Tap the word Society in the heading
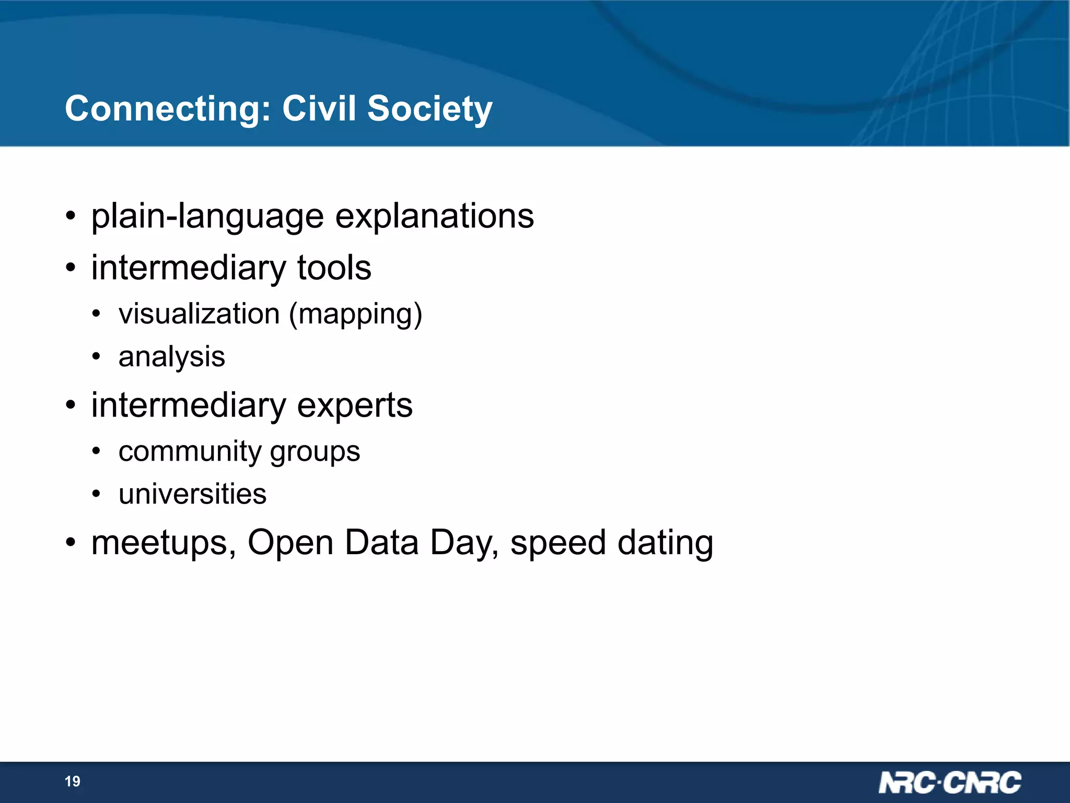click(x=429, y=109)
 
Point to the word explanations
click(x=434, y=216)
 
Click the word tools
click(x=334, y=268)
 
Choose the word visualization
click(x=199, y=314)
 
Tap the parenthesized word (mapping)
click(x=355, y=315)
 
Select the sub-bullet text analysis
click(x=171, y=358)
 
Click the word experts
click(x=355, y=406)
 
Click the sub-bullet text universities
click(x=192, y=494)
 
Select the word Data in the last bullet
click(x=382, y=542)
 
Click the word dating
click(x=665, y=543)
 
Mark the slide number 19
click(x=73, y=782)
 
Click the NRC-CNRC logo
click(x=949, y=783)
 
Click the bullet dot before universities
click(x=96, y=494)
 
